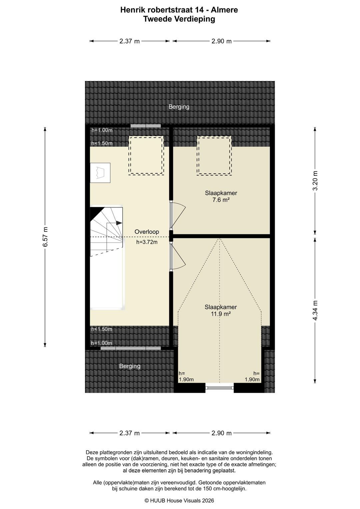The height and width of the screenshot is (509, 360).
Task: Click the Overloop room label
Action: tap(147, 232)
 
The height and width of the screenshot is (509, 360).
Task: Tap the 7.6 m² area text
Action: tap(221, 200)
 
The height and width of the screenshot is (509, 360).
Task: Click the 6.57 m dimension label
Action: tap(45, 236)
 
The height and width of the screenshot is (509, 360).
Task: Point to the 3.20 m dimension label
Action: tap(315, 181)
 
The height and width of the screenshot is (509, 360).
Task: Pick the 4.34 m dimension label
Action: tap(315, 310)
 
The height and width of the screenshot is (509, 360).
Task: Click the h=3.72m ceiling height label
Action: tap(147, 242)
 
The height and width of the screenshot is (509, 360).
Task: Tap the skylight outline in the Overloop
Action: tap(146, 155)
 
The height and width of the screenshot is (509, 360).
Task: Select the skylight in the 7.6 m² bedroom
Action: tap(214, 155)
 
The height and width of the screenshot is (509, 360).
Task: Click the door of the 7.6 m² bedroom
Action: tap(178, 215)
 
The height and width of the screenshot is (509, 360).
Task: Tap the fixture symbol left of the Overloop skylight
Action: tap(100, 173)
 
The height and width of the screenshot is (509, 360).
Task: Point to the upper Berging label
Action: tap(179, 107)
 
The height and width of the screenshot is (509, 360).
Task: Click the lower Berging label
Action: tap(130, 366)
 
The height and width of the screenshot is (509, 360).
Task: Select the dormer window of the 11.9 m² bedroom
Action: tap(219, 388)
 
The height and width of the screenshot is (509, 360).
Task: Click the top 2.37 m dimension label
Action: tap(129, 41)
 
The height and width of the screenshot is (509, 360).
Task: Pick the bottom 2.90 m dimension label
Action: tap(221, 433)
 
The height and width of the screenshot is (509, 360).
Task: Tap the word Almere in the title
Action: tap(224, 10)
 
